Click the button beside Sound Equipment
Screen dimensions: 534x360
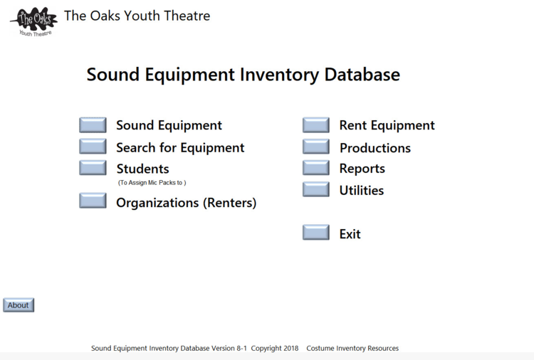click(x=93, y=125)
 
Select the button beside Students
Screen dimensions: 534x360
click(x=93, y=168)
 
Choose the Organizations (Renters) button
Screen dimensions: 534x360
click(x=93, y=201)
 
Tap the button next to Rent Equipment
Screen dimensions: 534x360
click(x=316, y=125)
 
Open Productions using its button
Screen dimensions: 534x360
click(x=316, y=147)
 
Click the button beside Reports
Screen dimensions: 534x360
click(x=316, y=168)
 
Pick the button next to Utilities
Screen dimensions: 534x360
click(x=316, y=189)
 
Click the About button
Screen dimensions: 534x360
click(x=19, y=305)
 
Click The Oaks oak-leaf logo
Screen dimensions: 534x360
click(x=34, y=21)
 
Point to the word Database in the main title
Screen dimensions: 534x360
click(x=362, y=74)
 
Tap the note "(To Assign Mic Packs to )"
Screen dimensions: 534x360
click(x=152, y=183)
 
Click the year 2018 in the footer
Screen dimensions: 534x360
click(x=290, y=348)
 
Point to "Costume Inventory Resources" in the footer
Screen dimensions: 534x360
click(x=352, y=348)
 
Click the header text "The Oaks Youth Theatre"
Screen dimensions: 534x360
click(x=137, y=16)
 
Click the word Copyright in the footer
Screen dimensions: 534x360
click(x=266, y=349)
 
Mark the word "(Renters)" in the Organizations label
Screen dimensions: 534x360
click(x=229, y=203)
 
